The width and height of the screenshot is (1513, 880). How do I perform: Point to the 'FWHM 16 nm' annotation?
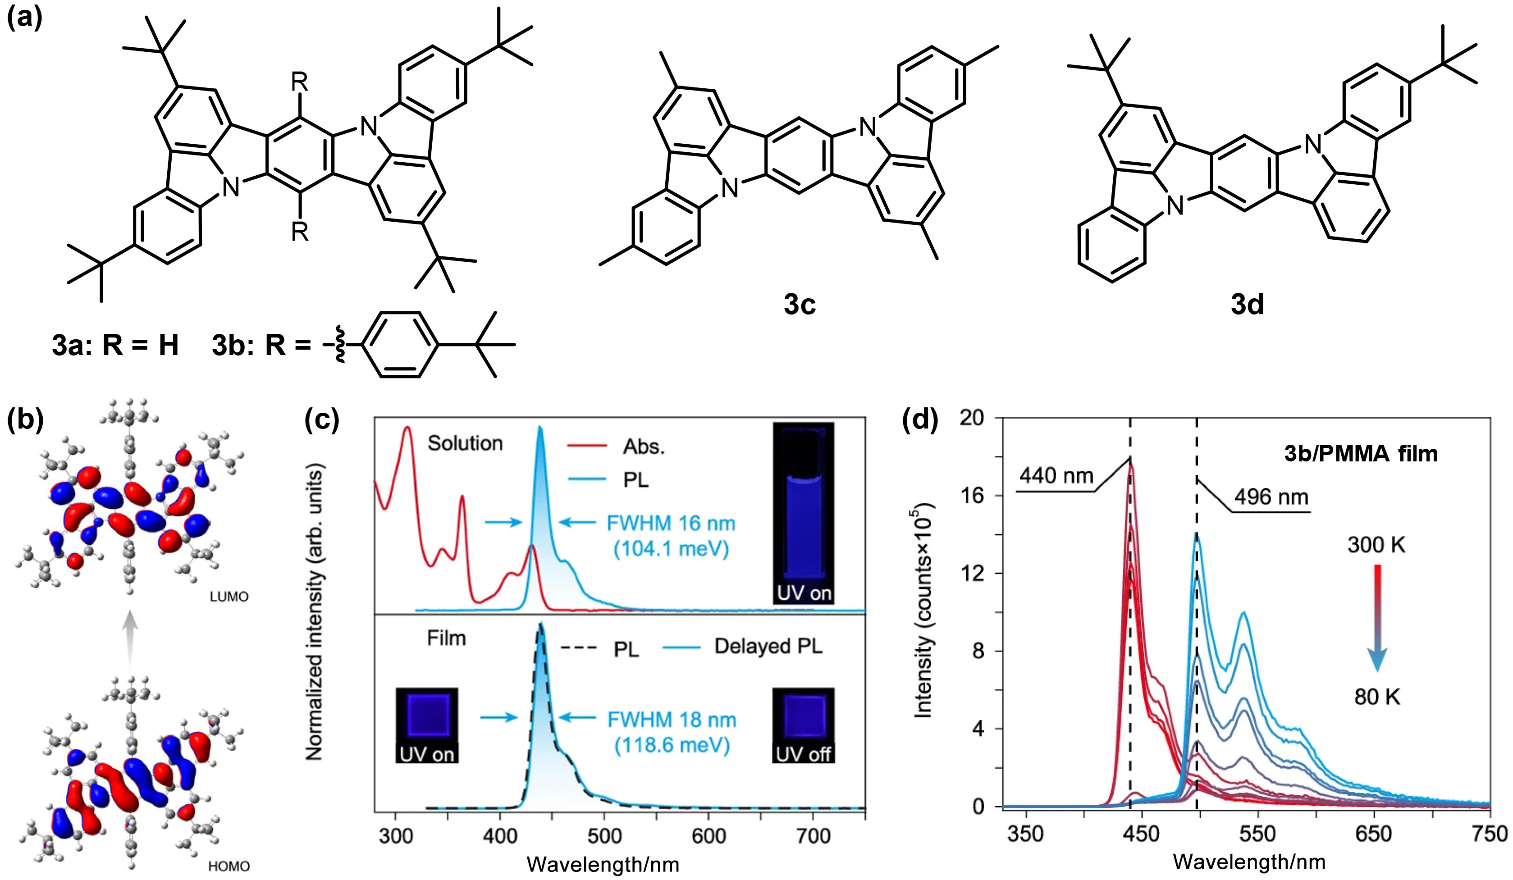pyautogui.click(x=671, y=524)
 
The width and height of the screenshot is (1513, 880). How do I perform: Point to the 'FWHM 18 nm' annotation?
pyautogui.click(x=671, y=720)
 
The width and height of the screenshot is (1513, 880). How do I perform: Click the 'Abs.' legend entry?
pyautogui.click(x=644, y=447)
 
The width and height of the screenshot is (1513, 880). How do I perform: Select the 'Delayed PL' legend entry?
pyautogui.click(x=768, y=647)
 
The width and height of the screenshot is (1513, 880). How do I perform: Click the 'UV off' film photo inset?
pyautogui.click(x=803, y=725)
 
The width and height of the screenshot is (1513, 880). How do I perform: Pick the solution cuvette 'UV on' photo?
pyautogui.click(x=803, y=513)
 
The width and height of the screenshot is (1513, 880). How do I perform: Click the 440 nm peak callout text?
pyautogui.click(x=1056, y=476)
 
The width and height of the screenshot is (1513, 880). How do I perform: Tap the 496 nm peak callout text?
pyautogui.click(x=1271, y=497)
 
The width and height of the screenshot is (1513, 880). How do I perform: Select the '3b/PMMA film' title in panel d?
pyautogui.click(x=1361, y=454)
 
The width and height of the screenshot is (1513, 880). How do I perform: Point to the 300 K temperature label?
pyautogui.click(x=1376, y=545)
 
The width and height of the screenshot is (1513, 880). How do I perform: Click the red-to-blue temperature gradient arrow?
pyautogui.click(x=1377, y=618)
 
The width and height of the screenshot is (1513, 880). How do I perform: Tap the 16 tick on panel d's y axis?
pyautogui.click(x=978, y=495)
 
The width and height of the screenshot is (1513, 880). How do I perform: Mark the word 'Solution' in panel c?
pyautogui.click(x=465, y=443)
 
